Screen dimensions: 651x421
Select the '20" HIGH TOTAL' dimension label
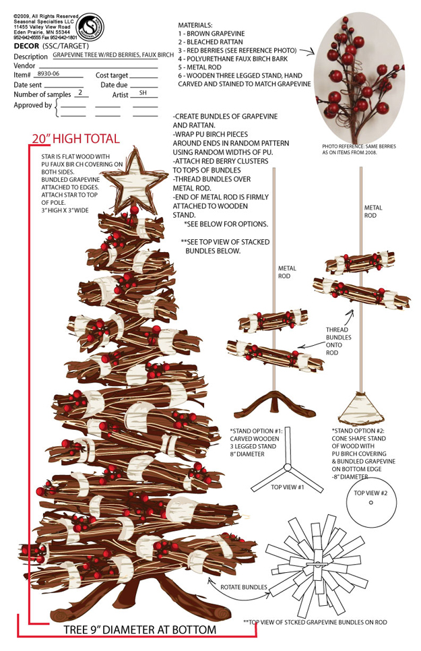click(75, 139)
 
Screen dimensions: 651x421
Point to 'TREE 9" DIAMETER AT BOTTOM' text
click(140, 629)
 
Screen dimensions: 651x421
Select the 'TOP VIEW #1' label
click(288, 486)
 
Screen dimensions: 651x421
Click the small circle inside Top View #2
click(371, 503)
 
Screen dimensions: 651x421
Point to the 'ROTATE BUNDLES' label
click(244, 587)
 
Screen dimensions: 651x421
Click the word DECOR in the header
click(26, 46)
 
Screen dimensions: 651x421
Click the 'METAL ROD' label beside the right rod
click(373, 212)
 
